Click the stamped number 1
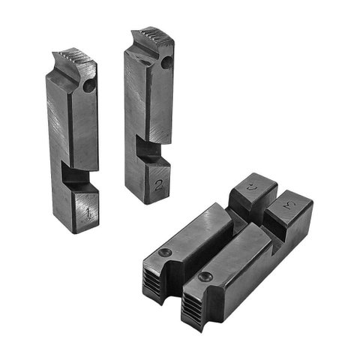tap(89, 213)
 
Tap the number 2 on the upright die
tap(158, 184)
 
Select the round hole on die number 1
tap(89, 87)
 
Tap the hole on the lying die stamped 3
tap(205, 277)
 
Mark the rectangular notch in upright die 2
tap(150, 151)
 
